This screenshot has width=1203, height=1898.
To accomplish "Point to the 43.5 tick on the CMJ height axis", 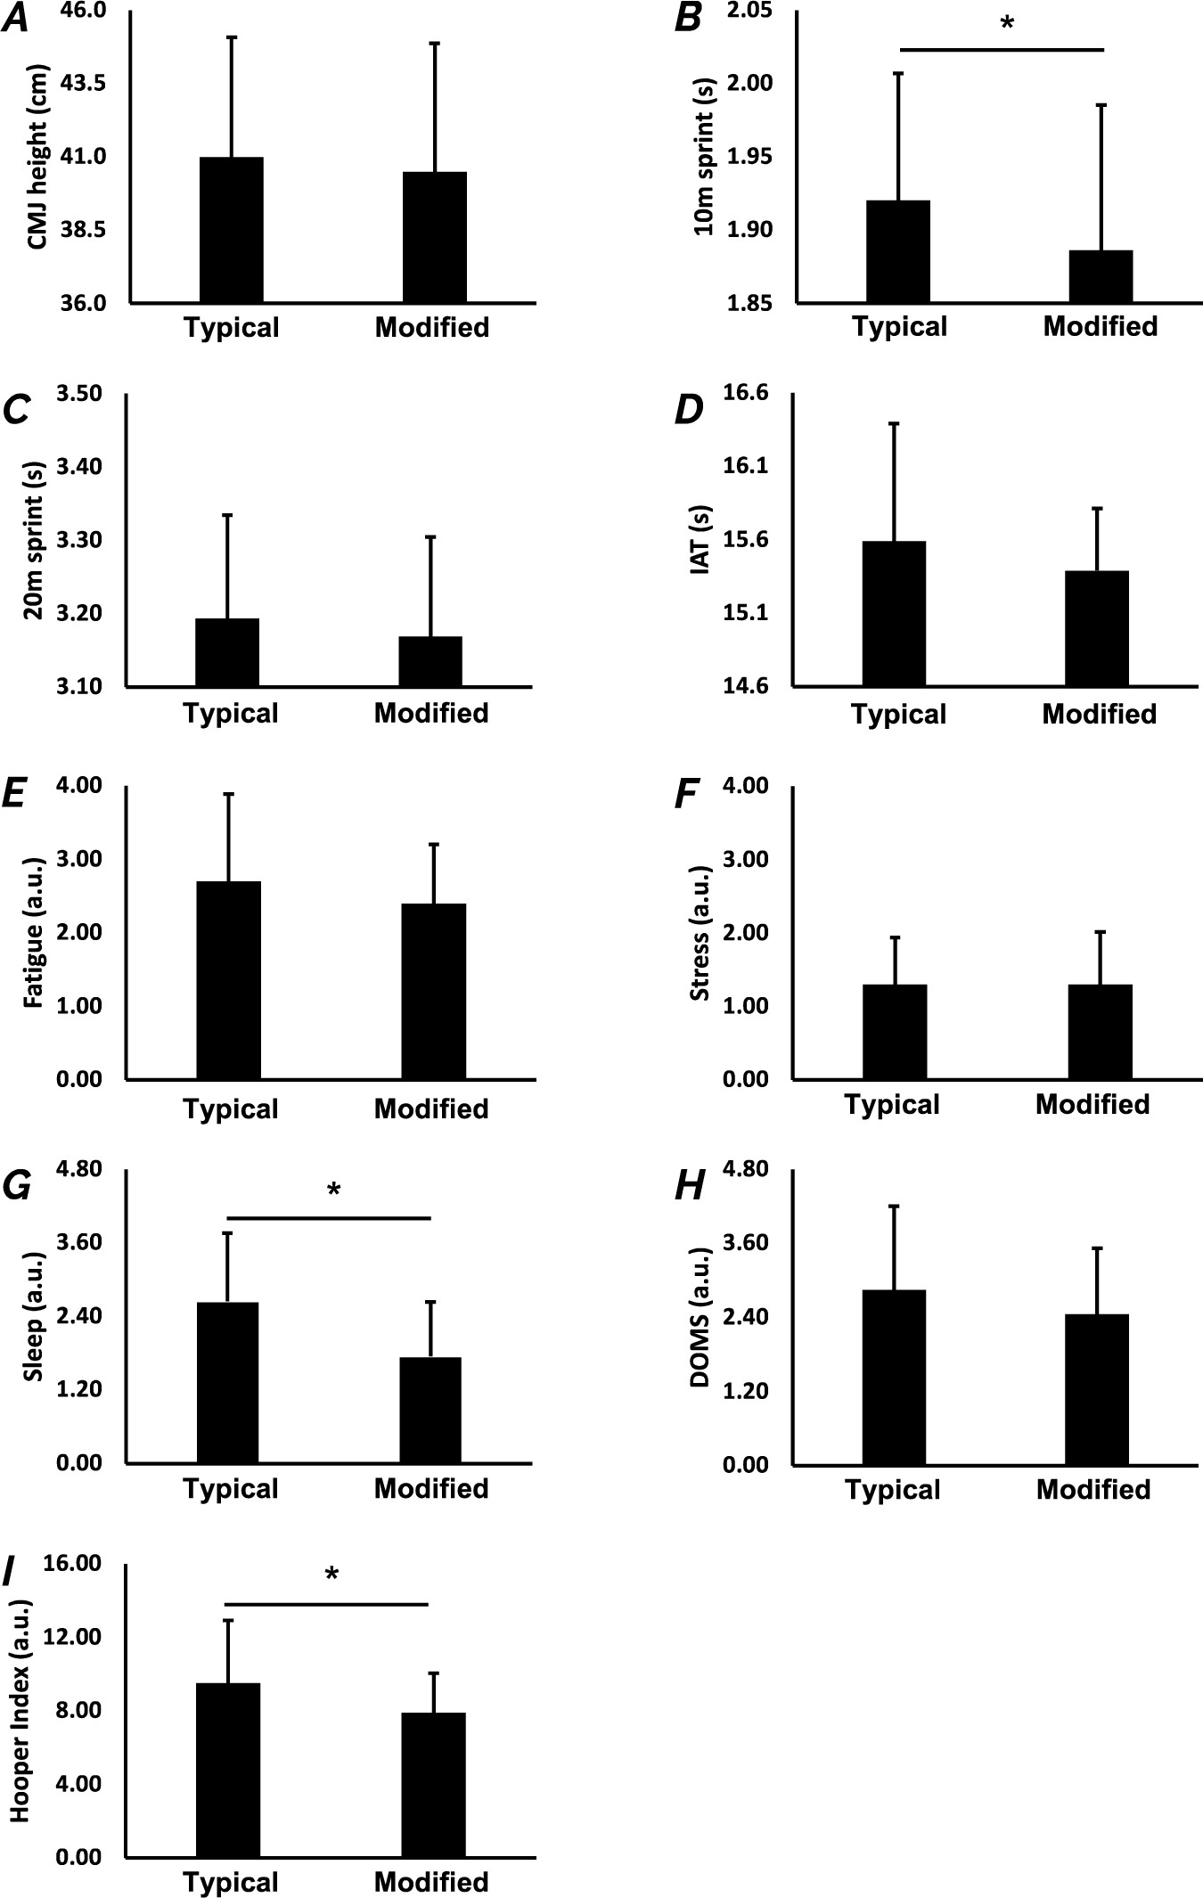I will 83,83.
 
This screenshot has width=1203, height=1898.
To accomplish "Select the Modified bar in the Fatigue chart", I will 433,991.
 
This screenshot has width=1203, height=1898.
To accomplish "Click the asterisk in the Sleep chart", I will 334,1190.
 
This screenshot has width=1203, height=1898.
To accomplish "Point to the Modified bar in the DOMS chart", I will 1096,1389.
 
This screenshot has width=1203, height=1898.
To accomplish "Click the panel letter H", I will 689,1188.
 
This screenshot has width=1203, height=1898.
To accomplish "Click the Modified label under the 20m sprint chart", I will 431,714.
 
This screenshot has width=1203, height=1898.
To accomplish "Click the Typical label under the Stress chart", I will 892,1105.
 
